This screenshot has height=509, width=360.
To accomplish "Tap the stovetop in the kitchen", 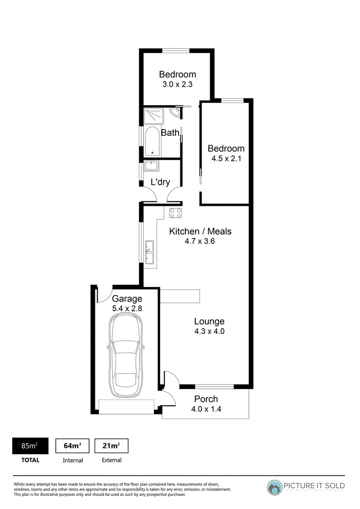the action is (175, 213).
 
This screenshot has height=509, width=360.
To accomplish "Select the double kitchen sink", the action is (149, 252).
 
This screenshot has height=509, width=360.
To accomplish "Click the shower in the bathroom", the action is (154, 116).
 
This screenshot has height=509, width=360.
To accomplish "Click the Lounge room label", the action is (209, 321).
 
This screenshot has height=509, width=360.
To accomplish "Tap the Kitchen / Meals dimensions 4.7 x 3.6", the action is (200, 241).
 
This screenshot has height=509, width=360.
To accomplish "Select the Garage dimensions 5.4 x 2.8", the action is (127, 308).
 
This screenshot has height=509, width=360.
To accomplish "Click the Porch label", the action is (206, 399).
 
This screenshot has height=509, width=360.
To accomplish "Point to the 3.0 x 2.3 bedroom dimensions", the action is (177, 85).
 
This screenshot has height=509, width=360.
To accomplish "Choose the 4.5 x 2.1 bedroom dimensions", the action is (226, 158).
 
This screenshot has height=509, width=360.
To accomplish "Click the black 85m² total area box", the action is (30, 446).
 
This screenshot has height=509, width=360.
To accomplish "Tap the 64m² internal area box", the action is (72, 446).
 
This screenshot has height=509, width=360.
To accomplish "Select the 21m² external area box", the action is (112, 446).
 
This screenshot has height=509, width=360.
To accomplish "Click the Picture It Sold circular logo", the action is (274, 488).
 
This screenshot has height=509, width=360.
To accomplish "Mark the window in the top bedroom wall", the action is (176, 50).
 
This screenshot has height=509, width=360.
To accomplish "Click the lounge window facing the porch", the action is (215, 386).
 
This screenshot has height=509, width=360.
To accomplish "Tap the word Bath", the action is (170, 133).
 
